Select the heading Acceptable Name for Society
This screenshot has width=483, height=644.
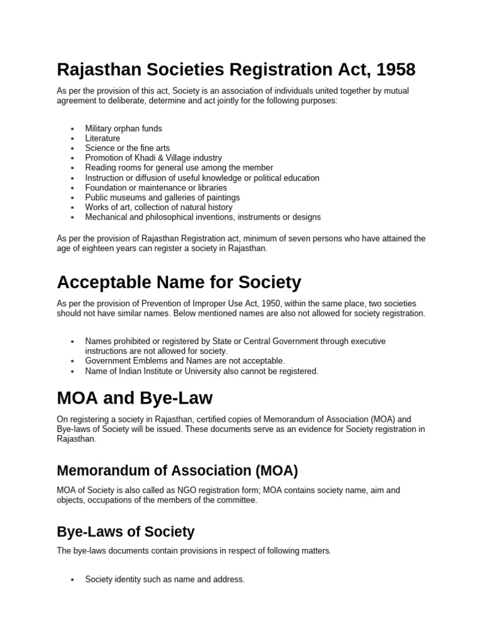[x=179, y=282]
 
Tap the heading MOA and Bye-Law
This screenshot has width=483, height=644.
[x=135, y=398]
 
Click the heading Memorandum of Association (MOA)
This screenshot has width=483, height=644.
[x=177, y=470]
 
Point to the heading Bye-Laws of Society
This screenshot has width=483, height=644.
[x=125, y=531]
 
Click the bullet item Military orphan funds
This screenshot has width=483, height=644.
[x=123, y=128]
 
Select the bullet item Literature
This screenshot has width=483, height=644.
[x=103, y=138]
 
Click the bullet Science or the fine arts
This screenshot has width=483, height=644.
[x=127, y=148]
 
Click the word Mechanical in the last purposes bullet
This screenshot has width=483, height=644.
[x=106, y=217]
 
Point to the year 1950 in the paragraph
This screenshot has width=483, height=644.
[x=244, y=303]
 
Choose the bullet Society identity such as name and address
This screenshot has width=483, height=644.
[x=165, y=579]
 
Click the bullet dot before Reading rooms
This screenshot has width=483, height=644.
[x=73, y=168]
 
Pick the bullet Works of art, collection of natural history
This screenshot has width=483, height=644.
[x=158, y=207]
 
